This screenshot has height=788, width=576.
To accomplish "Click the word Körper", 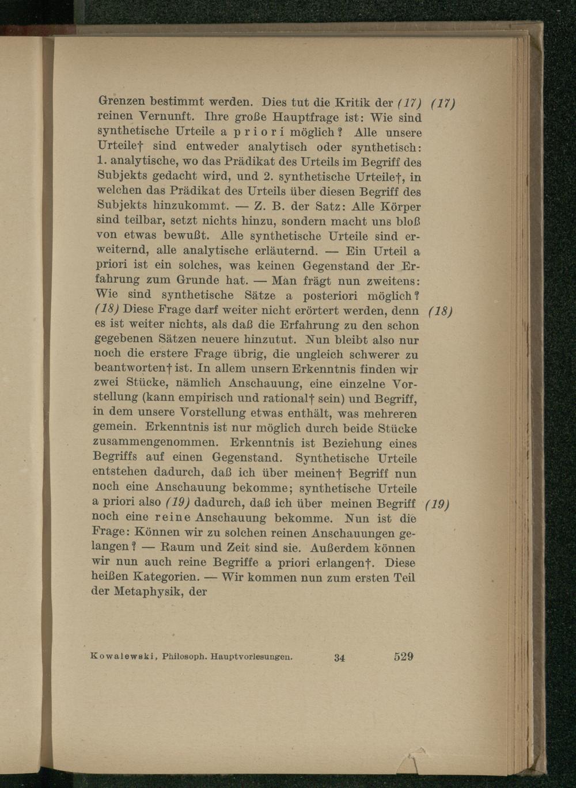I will pyautogui.click(x=401, y=206).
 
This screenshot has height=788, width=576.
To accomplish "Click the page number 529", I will pyautogui.click(x=404, y=656).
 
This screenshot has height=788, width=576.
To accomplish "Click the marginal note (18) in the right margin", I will pyautogui.click(x=442, y=312).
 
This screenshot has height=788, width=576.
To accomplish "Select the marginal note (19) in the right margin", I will pyautogui.click(x=436, y=505).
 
